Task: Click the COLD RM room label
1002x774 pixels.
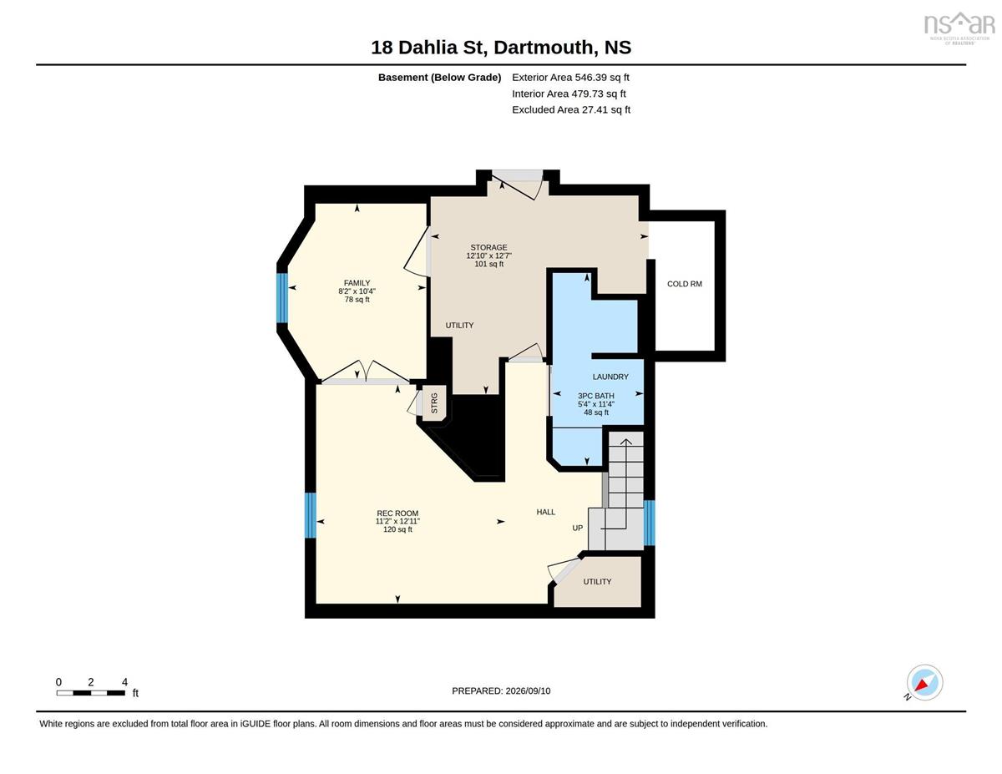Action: coord(685,284)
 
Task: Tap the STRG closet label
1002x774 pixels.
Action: coord(434,403)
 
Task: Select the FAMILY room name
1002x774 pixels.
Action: coord(357,283)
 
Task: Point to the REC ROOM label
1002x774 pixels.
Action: coord(397,513)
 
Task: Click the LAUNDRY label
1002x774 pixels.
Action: coord(610,377)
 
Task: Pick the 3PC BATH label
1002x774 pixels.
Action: coord(595,396)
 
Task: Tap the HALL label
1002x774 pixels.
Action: coord(546,512)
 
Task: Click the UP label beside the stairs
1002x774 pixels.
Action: coord(577,528)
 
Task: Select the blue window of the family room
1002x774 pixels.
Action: coord(281,298)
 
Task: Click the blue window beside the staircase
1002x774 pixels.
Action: coord(649,523)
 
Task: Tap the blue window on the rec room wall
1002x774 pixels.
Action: coord(311,515)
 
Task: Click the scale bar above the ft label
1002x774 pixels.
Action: coord(91,692)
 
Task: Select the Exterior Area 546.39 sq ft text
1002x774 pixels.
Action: coord(570,78)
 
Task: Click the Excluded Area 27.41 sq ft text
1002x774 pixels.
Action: coord(571,109)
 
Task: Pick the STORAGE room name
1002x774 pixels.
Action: coord(488,247)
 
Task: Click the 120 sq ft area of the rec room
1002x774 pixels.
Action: coord(397,529)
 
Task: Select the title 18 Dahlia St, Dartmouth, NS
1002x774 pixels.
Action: coord(501,48)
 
